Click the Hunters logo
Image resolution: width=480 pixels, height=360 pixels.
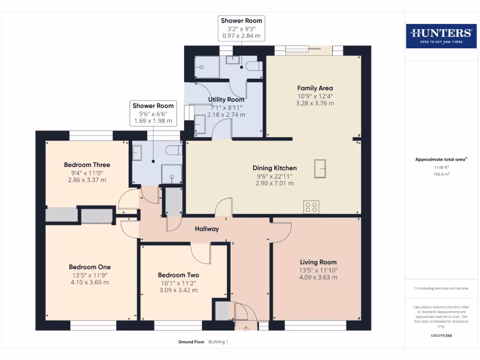point(441,36)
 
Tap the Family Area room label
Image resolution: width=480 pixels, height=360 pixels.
point(315,88)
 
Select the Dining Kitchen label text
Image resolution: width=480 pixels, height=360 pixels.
point(275,168)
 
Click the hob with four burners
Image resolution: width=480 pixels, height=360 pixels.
point(312,207)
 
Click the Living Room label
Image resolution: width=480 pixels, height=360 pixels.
point(318,262)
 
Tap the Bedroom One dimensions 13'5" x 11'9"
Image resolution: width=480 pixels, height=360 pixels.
point(90,275)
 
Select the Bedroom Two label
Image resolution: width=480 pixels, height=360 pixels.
point(178,275)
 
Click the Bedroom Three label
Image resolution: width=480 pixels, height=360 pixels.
point(87,165)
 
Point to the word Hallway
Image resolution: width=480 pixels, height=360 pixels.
point(207,229)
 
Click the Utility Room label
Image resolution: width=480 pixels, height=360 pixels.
point(226,100)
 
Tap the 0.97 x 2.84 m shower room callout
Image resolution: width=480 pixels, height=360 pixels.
point(242,36)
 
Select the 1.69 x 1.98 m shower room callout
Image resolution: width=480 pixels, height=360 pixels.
point(153,121)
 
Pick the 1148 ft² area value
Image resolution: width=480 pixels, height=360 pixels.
point(441,167)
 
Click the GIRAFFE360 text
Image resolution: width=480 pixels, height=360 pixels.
point(441,336)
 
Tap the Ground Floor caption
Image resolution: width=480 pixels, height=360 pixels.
point(191,342)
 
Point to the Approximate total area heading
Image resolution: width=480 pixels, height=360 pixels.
point(441,159)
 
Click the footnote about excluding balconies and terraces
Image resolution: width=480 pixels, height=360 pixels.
point(441,288)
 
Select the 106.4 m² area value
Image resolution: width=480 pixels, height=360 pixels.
point(441,174)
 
